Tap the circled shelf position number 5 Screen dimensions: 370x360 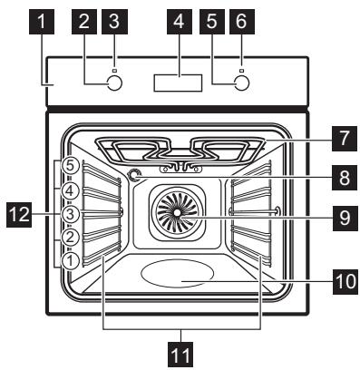(70, 167)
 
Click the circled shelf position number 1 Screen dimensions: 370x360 (70, 259)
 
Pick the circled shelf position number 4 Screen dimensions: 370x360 (70, 191)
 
